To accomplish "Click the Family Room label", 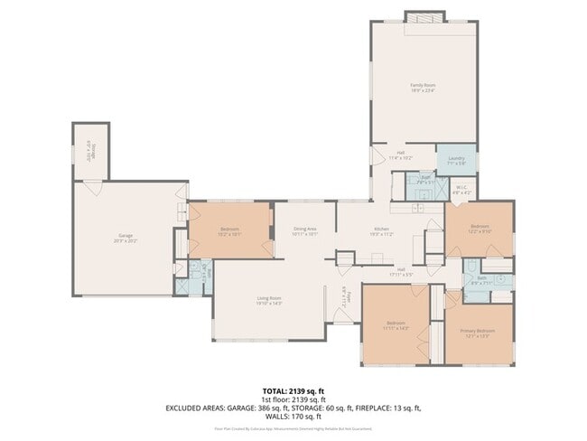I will coord(423,88).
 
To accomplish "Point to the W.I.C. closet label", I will coord(461,190).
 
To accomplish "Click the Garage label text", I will coord(125,238).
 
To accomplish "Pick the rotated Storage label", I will coord(91,150).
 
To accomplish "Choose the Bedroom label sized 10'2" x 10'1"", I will coord(229,232).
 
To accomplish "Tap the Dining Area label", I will coord(304,232).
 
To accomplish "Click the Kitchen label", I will coord(382,232).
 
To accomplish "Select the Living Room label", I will coord(270,301).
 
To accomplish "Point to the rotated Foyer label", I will coord(343,295).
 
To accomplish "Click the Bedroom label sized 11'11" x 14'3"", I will coord(396,325).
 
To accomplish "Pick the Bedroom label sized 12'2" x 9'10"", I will coord(479,229).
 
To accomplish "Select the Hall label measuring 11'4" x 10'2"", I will coord(401,155).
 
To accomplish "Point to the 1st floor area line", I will coord(293,399).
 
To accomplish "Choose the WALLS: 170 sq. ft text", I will coord(293,417).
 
